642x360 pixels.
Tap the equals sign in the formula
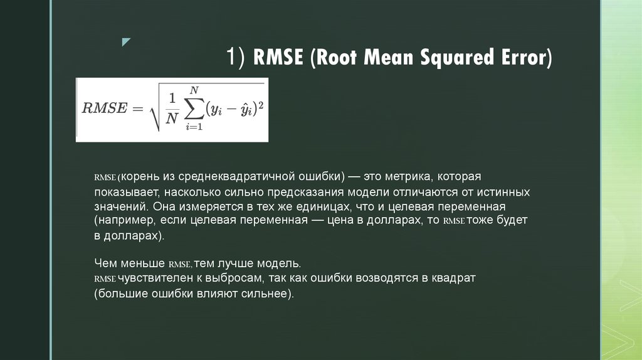137,108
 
